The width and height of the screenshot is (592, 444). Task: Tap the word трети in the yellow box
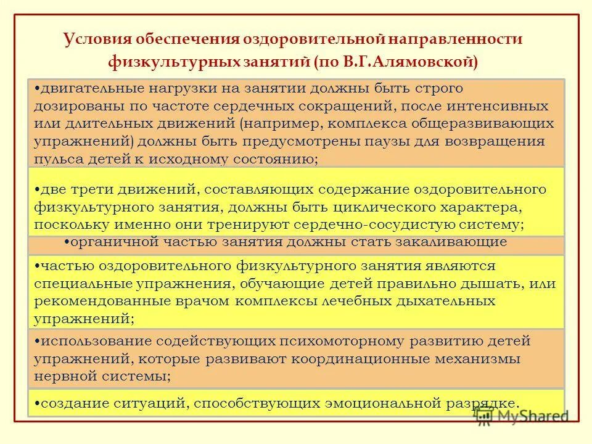tap(99, 189)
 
